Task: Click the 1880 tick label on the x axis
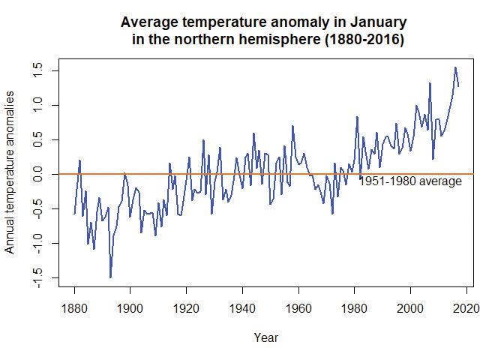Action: pos(74,308)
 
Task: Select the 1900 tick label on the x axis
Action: pos(130,308)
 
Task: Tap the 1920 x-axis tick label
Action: pos(186,308)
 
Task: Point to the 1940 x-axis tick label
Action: pos(242,308)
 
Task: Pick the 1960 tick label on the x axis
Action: pos(298,308)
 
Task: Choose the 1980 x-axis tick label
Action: pos(354,308)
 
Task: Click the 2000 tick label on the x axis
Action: pos(410,308)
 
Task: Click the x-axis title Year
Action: pos(265,337)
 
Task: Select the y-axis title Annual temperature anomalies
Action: pos(11,173)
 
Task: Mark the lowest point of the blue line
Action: pos(110,277)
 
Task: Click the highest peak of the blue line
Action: pos(454,67)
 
